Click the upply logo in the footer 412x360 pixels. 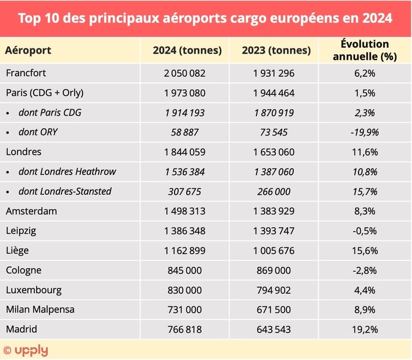pyautogui.click(x=26, y=350)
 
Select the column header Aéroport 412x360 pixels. pyautogui.click(x=28, y=50)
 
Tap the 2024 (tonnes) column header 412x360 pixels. pyautogui.click(x=187, y=50)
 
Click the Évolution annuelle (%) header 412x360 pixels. pyautogui.click(x=364, y=50)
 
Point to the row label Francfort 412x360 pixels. pyautogui.click(x=26, y=73)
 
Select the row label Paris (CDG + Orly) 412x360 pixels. pyautogui.click(x=44, y=93)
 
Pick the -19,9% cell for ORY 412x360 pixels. pyautogui.click(x=364, y=132)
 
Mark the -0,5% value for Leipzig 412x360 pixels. pyautogui.click(x=364, y=231)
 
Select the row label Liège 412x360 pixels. pyautogui.click(x=17, y=251)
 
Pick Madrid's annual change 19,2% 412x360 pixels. pyautogui.click(x=364, y=329)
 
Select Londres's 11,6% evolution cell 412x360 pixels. pyautogui.click(x=364, y=152)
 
